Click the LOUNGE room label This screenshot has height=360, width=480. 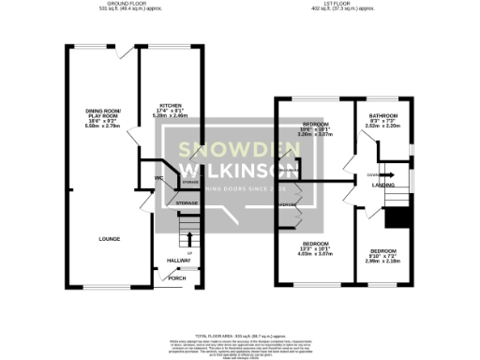(x=109, y=239)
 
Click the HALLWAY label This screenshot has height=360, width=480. (x=178, y=260)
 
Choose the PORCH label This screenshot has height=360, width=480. (x=177, y=278)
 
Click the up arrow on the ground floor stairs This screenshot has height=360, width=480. (x=187, y=246)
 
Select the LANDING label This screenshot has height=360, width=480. (x=382, y=186)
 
